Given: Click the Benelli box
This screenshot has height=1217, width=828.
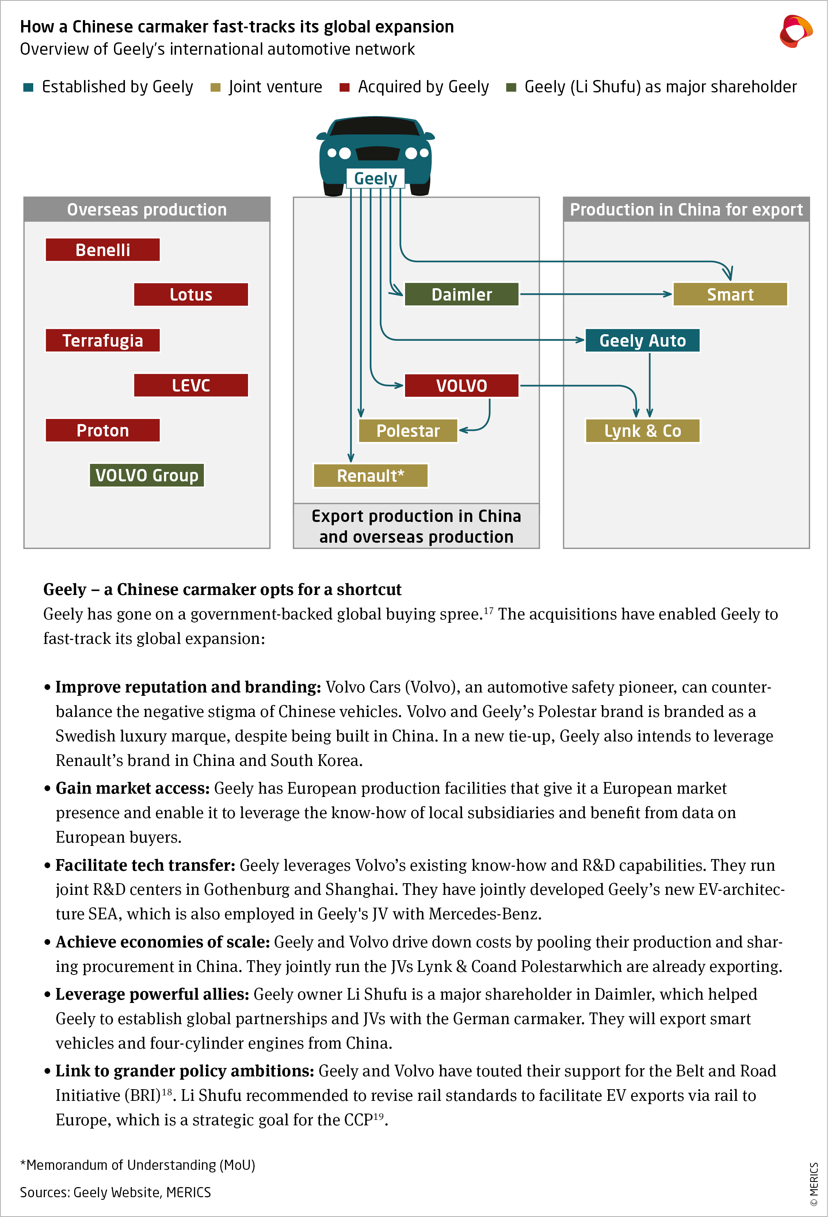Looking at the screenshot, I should click(x=103, y=250).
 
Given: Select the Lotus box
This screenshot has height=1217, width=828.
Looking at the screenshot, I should click(x=191, y=294).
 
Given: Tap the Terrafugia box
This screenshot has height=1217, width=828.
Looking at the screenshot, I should click(x=103, y=340).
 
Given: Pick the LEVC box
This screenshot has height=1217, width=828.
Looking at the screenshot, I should click(x=191, y=385).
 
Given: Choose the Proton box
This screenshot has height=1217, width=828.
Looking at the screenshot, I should click(x=103, y=431).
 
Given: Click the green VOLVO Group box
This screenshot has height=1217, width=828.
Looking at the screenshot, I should click(x=146, y=476).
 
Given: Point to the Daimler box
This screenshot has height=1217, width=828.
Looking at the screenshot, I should click(x=461, y=294).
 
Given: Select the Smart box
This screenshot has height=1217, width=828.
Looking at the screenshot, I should click(x=730, y=294).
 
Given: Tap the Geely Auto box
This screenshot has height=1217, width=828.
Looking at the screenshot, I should click(x=642, y=340).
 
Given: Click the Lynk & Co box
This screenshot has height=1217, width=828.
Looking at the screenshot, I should click(x=642, y=431).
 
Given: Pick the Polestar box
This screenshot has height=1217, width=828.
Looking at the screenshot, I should click(x=408, y=431).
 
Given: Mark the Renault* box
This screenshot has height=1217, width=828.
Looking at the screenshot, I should click(x=370, y=476).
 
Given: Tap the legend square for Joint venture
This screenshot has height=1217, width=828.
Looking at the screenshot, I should click(x=215, y=87).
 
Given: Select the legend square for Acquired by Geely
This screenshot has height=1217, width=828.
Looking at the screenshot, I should click(x=344, y=87).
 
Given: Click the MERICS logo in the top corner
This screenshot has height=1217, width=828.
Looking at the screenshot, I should click(x=795, y=31).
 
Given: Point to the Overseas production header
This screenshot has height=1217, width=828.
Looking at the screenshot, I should click(x=146, y=209).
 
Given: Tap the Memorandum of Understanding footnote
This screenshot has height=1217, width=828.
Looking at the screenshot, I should click(x=137, y=1165).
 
